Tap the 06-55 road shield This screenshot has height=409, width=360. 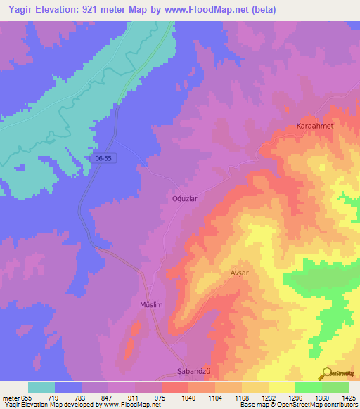pos(103,159)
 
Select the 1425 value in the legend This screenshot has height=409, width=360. pos(347,398)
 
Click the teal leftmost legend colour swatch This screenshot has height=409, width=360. pos(41,387)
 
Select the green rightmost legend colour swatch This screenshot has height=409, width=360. pos(335,387)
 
